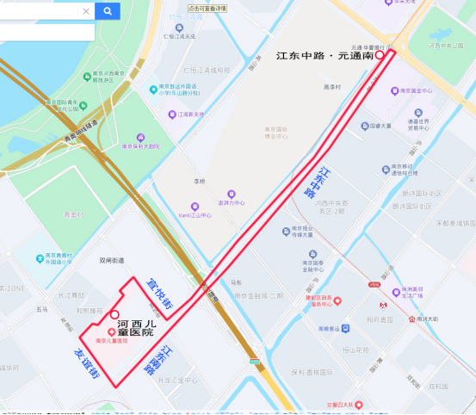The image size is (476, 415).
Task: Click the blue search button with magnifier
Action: (x=107, y=11)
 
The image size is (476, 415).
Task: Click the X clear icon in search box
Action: (x=86, y=11)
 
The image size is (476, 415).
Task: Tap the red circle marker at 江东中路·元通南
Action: (x=380, y=54)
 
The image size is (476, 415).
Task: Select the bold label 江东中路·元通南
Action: (x=325, y=55)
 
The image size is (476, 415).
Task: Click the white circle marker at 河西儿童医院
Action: (x=114, y=314)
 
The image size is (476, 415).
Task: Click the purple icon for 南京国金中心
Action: (x=393, y=90)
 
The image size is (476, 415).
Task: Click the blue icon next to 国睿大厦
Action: (x=364, y=126)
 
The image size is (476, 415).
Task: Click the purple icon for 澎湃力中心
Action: (x=231, y=195)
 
